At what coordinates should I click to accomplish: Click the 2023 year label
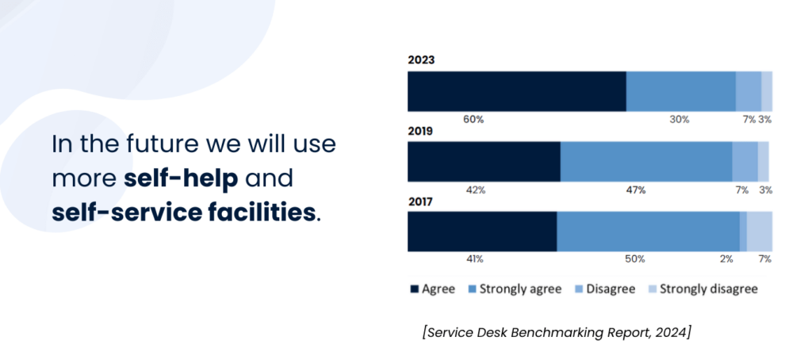pyautogui.click(x=420, y=59)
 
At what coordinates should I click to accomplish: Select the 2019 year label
pyautogui.click(x=420, y=131)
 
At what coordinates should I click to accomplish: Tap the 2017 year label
pyautogui.click(x=420, y=202)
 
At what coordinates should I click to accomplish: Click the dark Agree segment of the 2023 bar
pyautogui.click(x=516, y=90)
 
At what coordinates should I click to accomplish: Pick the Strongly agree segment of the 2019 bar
pyautogui.click(x=645, y=162)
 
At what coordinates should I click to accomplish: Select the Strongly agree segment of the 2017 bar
pyautogui.click(x=648, y=232)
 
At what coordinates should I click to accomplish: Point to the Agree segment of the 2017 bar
pyautogui.click(x=482, y=232)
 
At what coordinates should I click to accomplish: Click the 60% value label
pyautogui.click(x=473, y=119)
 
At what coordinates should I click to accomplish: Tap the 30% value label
pyautogui.click(x=680, y=119)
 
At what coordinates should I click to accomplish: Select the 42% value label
pyautogui.click(x=475, y=190)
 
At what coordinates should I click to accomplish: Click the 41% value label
pyautogui.click(x=474, y=259)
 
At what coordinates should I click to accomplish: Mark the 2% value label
pyautogui.click(x=726, y=259)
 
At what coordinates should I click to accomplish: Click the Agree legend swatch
pyautogui.click(x=414, y=289)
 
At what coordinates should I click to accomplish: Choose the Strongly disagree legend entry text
pyautogui.click(x=709, y=289)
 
